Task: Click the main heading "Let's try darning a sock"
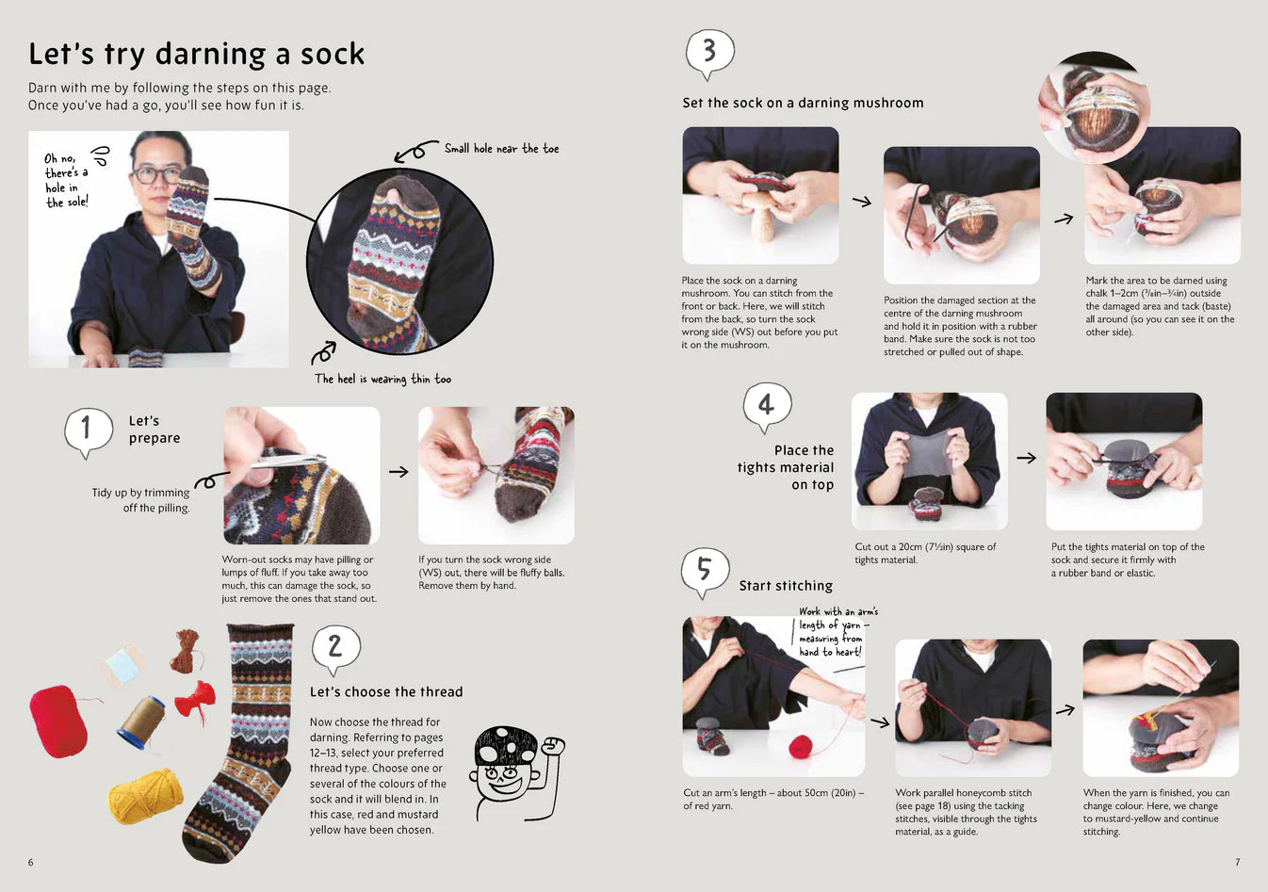(x=196, y=54)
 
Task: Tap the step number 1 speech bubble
(x=88, y=429)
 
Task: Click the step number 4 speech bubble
(x=767, y=406)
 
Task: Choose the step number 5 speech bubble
(x=704, y=570)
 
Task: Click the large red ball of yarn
(x=58, y=722)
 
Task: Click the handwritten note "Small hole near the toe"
(x=501, y=149)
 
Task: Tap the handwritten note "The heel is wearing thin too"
(x=382, y=379)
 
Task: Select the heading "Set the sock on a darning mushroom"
(x=803, y=103)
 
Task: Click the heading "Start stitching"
(x=786, y=586)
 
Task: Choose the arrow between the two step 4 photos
(x=1026, y=458)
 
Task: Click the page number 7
(x=1237, y=862)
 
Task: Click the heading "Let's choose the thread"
(x=386, y=691)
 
